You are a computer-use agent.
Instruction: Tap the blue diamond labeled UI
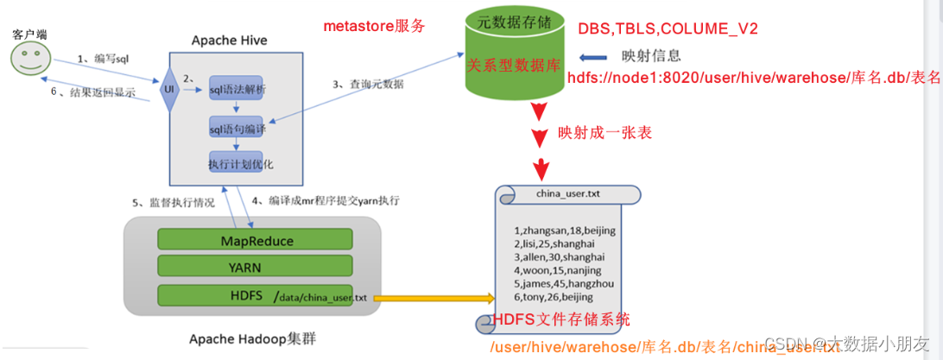[168, 89]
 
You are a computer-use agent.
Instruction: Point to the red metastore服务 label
[374, 26]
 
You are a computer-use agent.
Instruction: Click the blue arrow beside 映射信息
[596, 57]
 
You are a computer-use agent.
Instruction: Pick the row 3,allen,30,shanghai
[560, 256]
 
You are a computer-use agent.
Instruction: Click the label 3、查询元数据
[368, 84]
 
